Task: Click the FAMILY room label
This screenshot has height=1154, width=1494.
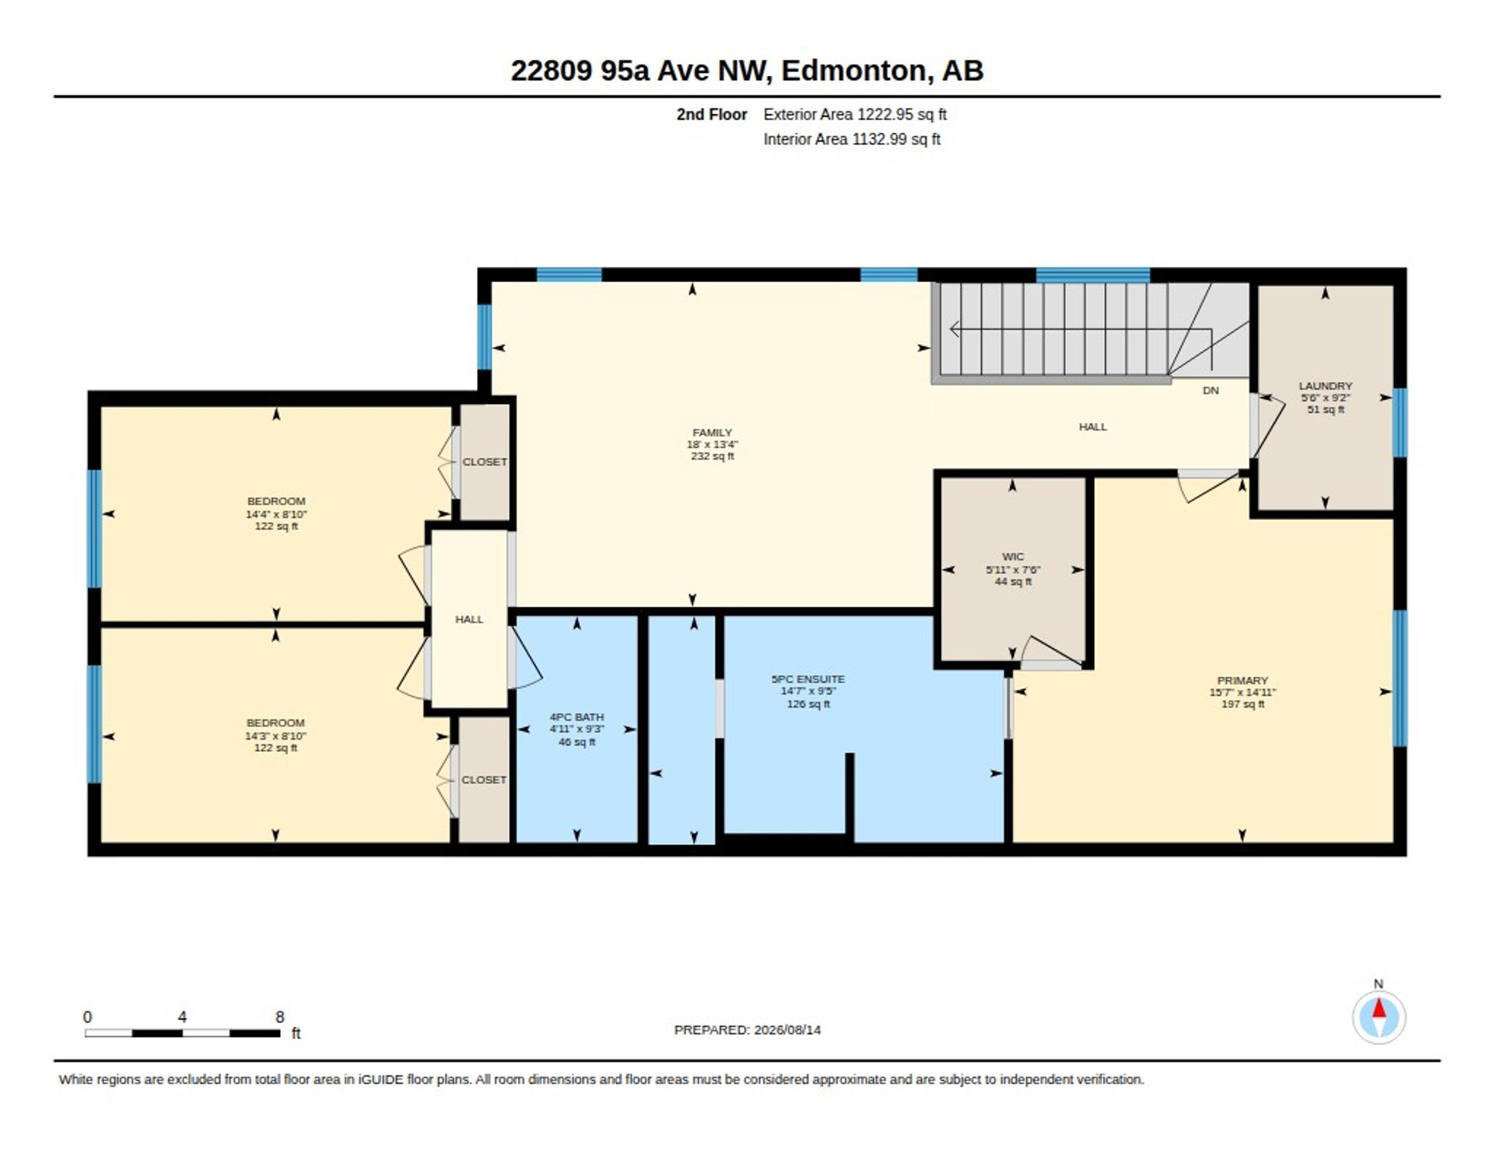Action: [712, 432]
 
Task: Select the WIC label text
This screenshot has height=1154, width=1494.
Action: [1013, 557]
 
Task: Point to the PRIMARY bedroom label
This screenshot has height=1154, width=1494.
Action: [1242, 680]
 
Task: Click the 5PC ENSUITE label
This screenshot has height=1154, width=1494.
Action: [808, 679]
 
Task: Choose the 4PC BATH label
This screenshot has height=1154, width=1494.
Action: [577, 717]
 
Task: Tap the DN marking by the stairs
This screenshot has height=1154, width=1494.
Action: [1211, 390]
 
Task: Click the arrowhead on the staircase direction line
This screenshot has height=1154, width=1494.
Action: [954, 330]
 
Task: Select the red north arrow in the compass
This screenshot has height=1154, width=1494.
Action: [1379, 1008]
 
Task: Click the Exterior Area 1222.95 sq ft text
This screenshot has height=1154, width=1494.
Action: [855, 114]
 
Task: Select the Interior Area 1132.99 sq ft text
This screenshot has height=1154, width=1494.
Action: [851, 139]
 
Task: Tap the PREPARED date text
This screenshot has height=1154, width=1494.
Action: [747, 1030]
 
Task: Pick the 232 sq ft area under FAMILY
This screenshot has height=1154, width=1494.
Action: [712, 456]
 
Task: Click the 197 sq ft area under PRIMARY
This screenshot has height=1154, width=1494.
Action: [1242, 704]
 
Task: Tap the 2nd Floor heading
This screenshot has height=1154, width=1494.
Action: [711, 114]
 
